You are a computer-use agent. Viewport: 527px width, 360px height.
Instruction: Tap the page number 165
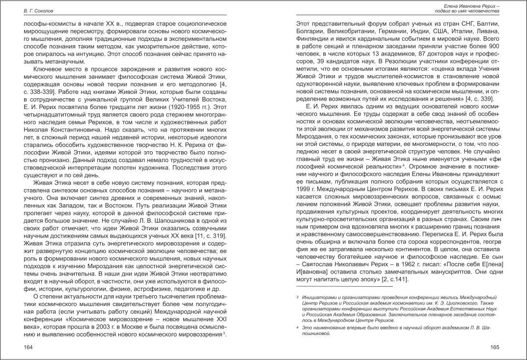[495, 347]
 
